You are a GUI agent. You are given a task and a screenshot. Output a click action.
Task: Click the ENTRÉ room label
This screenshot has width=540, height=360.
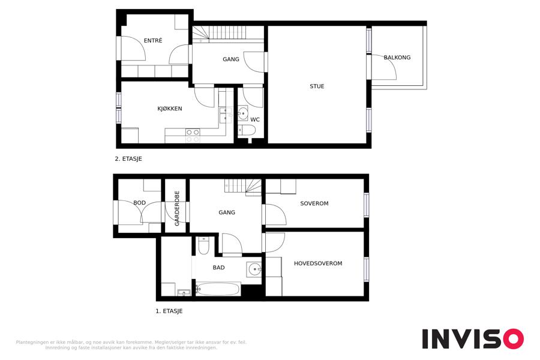pos(153,40)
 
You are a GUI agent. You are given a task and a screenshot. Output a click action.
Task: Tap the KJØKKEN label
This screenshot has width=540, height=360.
pos(169,109)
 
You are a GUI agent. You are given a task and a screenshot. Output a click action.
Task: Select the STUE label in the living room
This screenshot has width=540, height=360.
pos(317,86)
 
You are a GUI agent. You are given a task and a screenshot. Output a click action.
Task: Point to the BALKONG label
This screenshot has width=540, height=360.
pos(397,57)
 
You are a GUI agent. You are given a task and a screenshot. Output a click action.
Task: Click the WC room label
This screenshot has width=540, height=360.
pos(255,119)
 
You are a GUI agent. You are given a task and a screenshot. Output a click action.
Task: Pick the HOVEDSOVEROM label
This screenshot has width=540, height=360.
pos(318,263)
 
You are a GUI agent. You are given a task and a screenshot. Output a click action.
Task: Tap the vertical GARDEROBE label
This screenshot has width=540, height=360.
pos(177,208)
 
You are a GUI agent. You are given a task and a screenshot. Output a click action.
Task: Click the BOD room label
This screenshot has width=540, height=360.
pos(139,203)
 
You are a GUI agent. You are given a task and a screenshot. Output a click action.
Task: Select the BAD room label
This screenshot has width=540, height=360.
pos(218,268)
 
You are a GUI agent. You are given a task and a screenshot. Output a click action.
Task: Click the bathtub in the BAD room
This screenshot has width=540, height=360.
pos(218,289)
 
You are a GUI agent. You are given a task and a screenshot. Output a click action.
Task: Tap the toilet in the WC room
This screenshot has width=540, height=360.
pos(247,130)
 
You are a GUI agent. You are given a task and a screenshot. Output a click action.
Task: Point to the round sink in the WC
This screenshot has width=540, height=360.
pos(243,113)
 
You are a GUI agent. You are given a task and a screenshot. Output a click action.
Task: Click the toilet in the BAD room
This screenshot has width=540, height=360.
pos(203,245)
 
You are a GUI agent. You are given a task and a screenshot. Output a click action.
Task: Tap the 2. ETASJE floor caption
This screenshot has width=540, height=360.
pos(128,159)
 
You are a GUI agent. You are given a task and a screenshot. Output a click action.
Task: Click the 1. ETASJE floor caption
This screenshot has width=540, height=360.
pos(169,311)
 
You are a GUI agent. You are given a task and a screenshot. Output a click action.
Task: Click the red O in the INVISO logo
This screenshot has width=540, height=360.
pos(514,338)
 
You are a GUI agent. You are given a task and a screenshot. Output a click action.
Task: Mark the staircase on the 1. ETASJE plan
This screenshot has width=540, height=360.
pos(243,187)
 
